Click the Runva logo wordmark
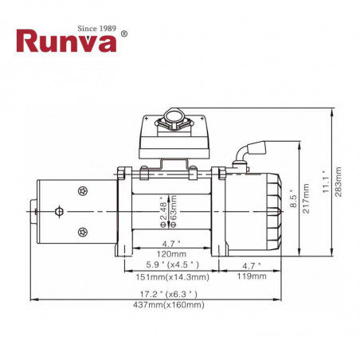(x=66, y=41)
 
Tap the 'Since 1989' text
(x=97, y=28)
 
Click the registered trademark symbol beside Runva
(x=123, y=33)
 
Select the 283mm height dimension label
(x=338, y=182)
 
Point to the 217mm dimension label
(x=306, y=198)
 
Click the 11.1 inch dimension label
(x=326, y=182)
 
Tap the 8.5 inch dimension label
(x=293, y=198)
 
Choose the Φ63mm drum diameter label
(x=173, y=211)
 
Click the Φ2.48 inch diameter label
(x=164, y=212)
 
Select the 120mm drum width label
(x=171, y=254)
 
